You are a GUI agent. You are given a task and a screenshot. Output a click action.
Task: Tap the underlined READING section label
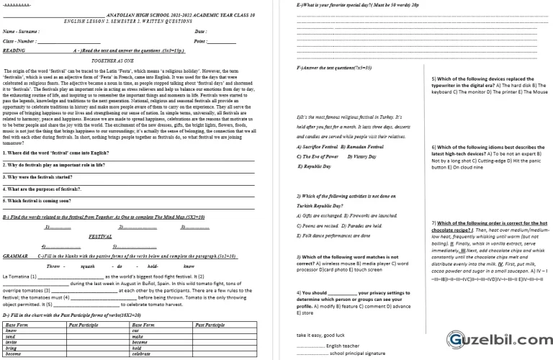pyautogui.click(x=14, y=51)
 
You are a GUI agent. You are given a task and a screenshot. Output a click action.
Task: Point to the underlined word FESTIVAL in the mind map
pyautogui.click(x=99, y=236)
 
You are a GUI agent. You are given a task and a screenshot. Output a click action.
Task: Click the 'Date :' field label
pyautogui.click(x=201, y=32)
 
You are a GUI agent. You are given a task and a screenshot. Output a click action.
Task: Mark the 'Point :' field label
pyautogui.click(x=202, y=42)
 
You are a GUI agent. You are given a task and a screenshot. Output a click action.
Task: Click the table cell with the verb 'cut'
pyautogui.click(x=136, y=330)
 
